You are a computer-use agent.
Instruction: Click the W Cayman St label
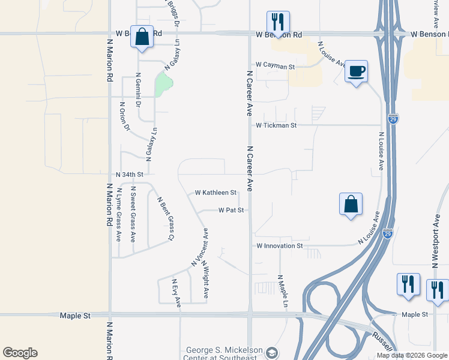click(x=275, y=65)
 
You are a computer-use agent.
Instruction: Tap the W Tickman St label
click(x=276, y=125)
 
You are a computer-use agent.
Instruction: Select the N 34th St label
click(x=130, y=175)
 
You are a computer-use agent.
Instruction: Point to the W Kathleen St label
click(x=216, y=193)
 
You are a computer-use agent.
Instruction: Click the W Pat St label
click(x=231, y=211)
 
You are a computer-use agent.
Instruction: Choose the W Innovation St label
click(x=280, y=246)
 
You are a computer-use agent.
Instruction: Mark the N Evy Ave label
click(x=176, y=293)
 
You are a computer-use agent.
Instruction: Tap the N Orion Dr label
click(x=125, y=116)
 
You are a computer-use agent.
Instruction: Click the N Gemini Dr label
click(x=138, y=92)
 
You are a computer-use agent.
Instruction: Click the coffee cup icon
click(x=356, y=71)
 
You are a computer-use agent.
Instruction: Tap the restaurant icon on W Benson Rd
click(x=278, y=22)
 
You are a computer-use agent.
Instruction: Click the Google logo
click(x=20, y=353)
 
